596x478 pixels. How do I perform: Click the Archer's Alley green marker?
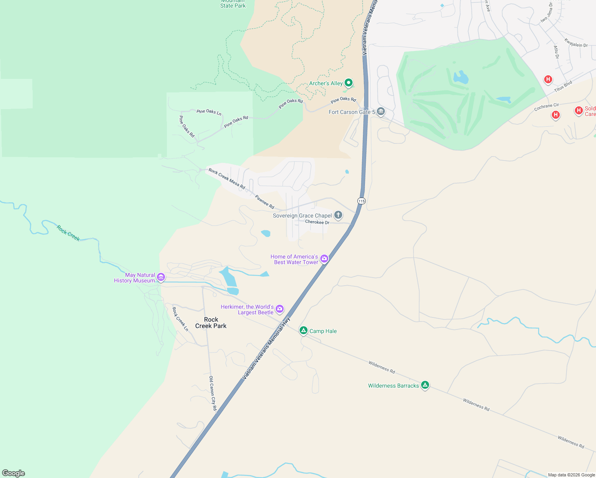point(349,83)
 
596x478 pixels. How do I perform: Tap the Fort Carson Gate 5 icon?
point(381,112)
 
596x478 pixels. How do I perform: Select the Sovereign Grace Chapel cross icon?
point(338,215)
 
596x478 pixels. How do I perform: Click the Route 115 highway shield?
point(361,201)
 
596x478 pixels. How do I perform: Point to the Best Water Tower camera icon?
point(324,259)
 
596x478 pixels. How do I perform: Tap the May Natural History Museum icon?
point(161,277)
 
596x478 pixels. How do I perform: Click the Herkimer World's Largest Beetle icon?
point(280,309)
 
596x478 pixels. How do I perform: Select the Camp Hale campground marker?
point(304,331)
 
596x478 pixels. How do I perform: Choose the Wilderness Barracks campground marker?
point(425,385)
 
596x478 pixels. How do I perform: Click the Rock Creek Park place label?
point(211,323)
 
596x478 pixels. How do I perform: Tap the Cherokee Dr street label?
point(317,222)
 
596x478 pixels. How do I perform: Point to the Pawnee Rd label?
point(265,202)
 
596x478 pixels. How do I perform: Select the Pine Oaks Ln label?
point(209,112)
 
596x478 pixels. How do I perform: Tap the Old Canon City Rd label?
point(213,393)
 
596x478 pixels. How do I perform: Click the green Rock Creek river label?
point(68,233)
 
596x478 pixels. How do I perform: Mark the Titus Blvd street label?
point(563,86)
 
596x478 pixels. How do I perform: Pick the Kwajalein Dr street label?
point(576,43)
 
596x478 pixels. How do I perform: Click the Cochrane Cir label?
point(547,106)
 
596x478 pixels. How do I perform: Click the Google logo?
point(14,473)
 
